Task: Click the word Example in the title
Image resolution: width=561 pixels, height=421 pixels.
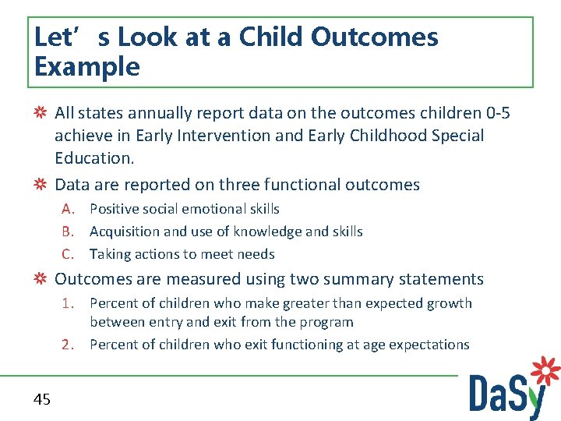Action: tap(87, 68)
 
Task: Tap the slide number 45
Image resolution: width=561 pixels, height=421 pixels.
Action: tap(42, 399)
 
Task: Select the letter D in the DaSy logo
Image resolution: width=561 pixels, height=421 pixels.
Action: tap(482, 393)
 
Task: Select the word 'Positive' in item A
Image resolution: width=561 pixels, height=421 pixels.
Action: tap(114, 209)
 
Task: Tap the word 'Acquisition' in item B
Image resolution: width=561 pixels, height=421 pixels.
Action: tap(125, 232)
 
